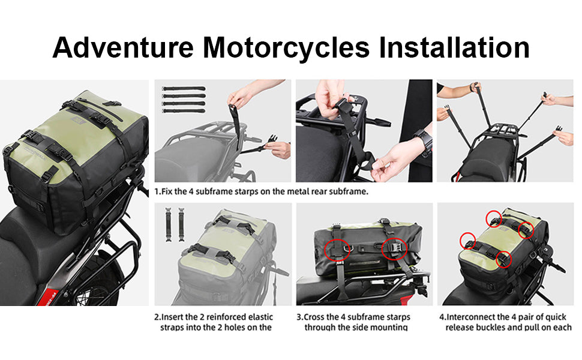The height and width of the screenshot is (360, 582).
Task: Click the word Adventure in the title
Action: [x=123, y=47]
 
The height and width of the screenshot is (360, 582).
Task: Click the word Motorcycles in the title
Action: [x=286, y=48]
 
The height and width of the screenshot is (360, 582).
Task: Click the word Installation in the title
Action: [x=454, y=47]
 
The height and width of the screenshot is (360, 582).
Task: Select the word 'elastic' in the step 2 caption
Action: [x=260, y=317]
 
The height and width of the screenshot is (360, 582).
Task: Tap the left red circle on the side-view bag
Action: [x=337, y=250]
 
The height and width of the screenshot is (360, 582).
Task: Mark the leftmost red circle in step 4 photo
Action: [x=467, y=241]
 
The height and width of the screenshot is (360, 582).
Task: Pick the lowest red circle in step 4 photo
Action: [x=503, y=259]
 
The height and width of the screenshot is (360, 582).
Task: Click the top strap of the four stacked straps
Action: [x=184, y=89]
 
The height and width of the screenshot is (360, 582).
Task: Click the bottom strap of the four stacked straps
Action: [x=184, y=111]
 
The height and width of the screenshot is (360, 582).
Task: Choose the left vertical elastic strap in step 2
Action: [x=169, y=224]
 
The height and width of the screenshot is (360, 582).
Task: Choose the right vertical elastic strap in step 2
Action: [x=181, y=224]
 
